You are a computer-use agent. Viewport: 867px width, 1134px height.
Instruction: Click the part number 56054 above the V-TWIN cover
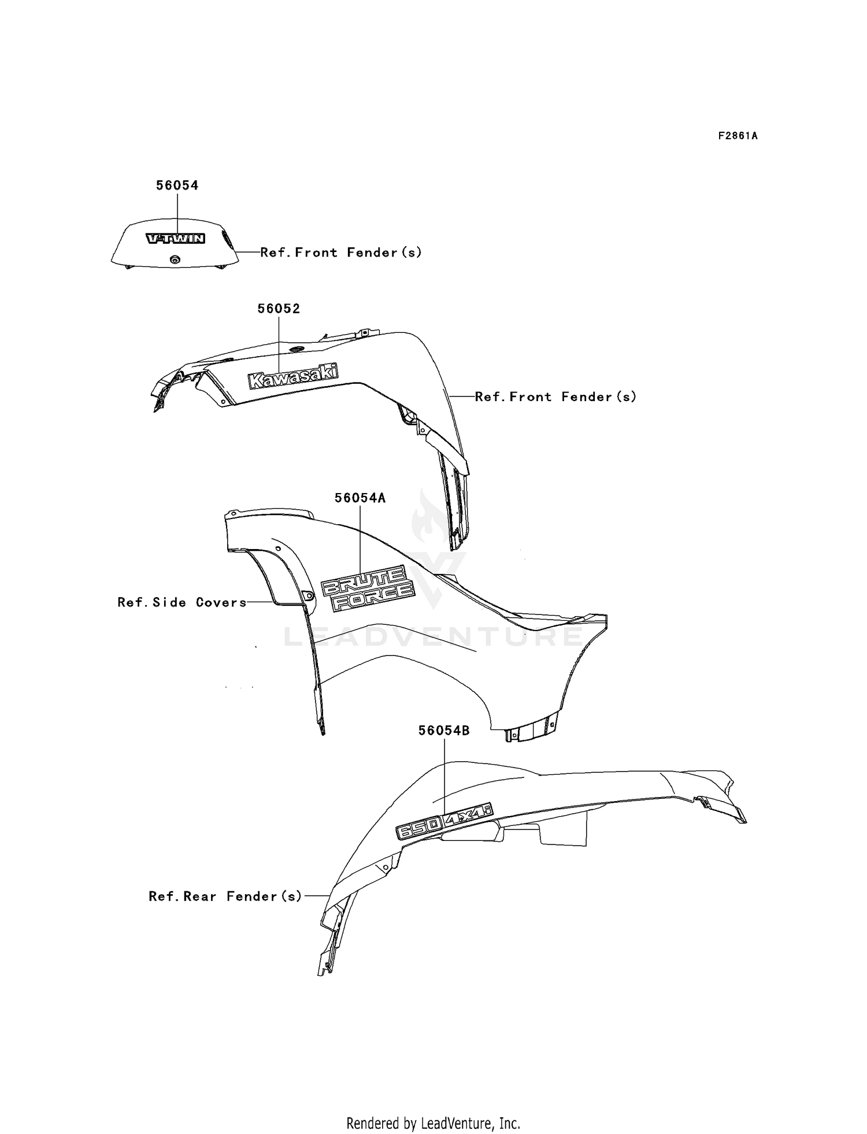(x=177, y=186)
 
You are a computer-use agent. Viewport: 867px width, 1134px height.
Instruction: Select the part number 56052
(x=279, y=309)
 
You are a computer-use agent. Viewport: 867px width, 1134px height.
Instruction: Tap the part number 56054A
(x=360, y=498)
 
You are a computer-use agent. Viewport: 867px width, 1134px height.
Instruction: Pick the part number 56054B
(x=444, y=731)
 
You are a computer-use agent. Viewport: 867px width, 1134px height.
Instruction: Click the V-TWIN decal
(x=175, y=239)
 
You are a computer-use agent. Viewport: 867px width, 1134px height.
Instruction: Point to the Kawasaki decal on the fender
(x=293, y=376)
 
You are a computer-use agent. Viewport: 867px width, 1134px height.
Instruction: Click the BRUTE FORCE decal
(x=368, y=587)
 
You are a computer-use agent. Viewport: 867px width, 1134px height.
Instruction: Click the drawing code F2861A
(x=738, y=136)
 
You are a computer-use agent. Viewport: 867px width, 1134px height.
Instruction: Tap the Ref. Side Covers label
(x=182, y=602)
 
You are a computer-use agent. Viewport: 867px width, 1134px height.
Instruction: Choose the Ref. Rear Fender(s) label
(x=225, y=896)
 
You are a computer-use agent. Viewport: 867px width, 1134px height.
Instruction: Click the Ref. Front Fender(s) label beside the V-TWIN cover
(x=341, y=253)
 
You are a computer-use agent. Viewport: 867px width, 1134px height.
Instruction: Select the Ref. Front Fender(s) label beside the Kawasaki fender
(x=555, y=397)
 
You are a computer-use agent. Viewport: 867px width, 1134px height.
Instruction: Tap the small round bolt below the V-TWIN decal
(x=175, y=260)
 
